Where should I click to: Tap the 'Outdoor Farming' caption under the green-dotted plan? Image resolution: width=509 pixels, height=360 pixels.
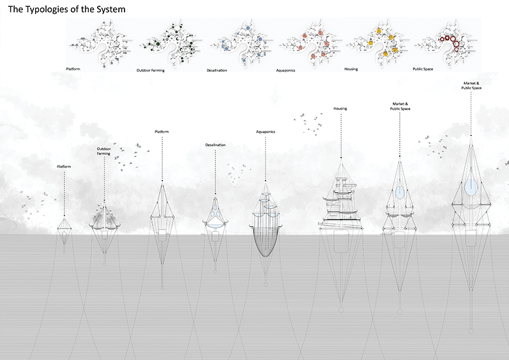click(x=151, y=69)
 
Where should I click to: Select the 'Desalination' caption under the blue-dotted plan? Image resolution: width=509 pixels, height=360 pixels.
click(x=217, y=69)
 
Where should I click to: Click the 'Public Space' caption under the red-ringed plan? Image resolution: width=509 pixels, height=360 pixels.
click(x=427, y=69)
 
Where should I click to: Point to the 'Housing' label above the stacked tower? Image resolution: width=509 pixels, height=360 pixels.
click(x=340, y=109)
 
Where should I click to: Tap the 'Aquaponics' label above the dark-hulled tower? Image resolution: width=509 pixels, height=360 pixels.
click(x=265, y=132)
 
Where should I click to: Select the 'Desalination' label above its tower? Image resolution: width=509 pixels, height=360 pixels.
click(x=215, y=145)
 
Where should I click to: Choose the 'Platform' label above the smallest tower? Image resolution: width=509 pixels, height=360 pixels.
click(x=64, y=167)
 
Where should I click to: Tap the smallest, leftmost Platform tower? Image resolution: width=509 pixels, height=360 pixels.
click(x=64, y=227)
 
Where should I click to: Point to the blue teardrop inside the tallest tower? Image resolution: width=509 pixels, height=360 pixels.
click(x=471, y=186)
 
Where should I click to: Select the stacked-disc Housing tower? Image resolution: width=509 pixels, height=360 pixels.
click(x=340, y=204)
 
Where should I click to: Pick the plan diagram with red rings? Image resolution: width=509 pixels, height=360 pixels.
click(x=448, y=43)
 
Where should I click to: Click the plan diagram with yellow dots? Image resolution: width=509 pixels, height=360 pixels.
click(x=380, y=43)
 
